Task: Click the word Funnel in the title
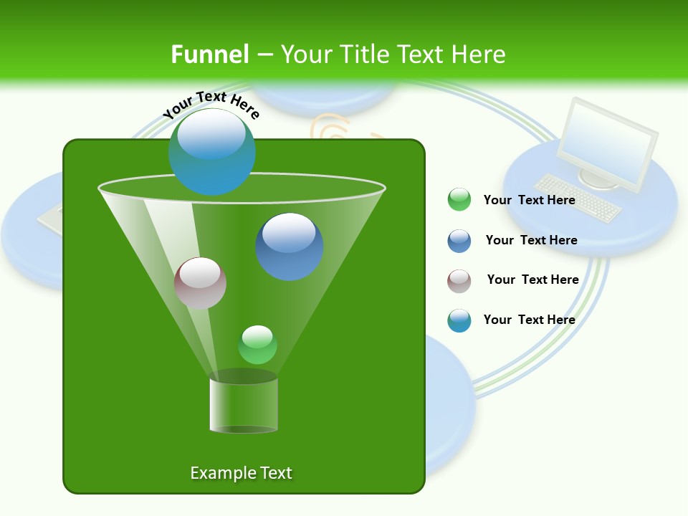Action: coord(209,54)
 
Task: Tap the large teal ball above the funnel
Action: coord(211,151)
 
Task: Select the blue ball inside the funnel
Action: coord(290,246)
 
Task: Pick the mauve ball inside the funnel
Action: coord(200,283)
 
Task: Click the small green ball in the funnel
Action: coord(257,345)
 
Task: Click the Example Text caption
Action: coord(241,473)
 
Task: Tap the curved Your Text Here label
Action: coord(211,105)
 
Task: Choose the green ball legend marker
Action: coord(459,199)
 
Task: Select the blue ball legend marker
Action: coord(459,241)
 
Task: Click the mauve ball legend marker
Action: coord(459,281)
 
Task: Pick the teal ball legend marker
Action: coord(459,320)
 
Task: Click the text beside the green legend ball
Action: coord(529,200)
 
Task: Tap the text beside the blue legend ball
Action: coord(531,240)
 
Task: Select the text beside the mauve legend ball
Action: coord(532,279)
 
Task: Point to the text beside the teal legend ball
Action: coord(529,320)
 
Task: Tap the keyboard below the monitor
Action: coord(579,198)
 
